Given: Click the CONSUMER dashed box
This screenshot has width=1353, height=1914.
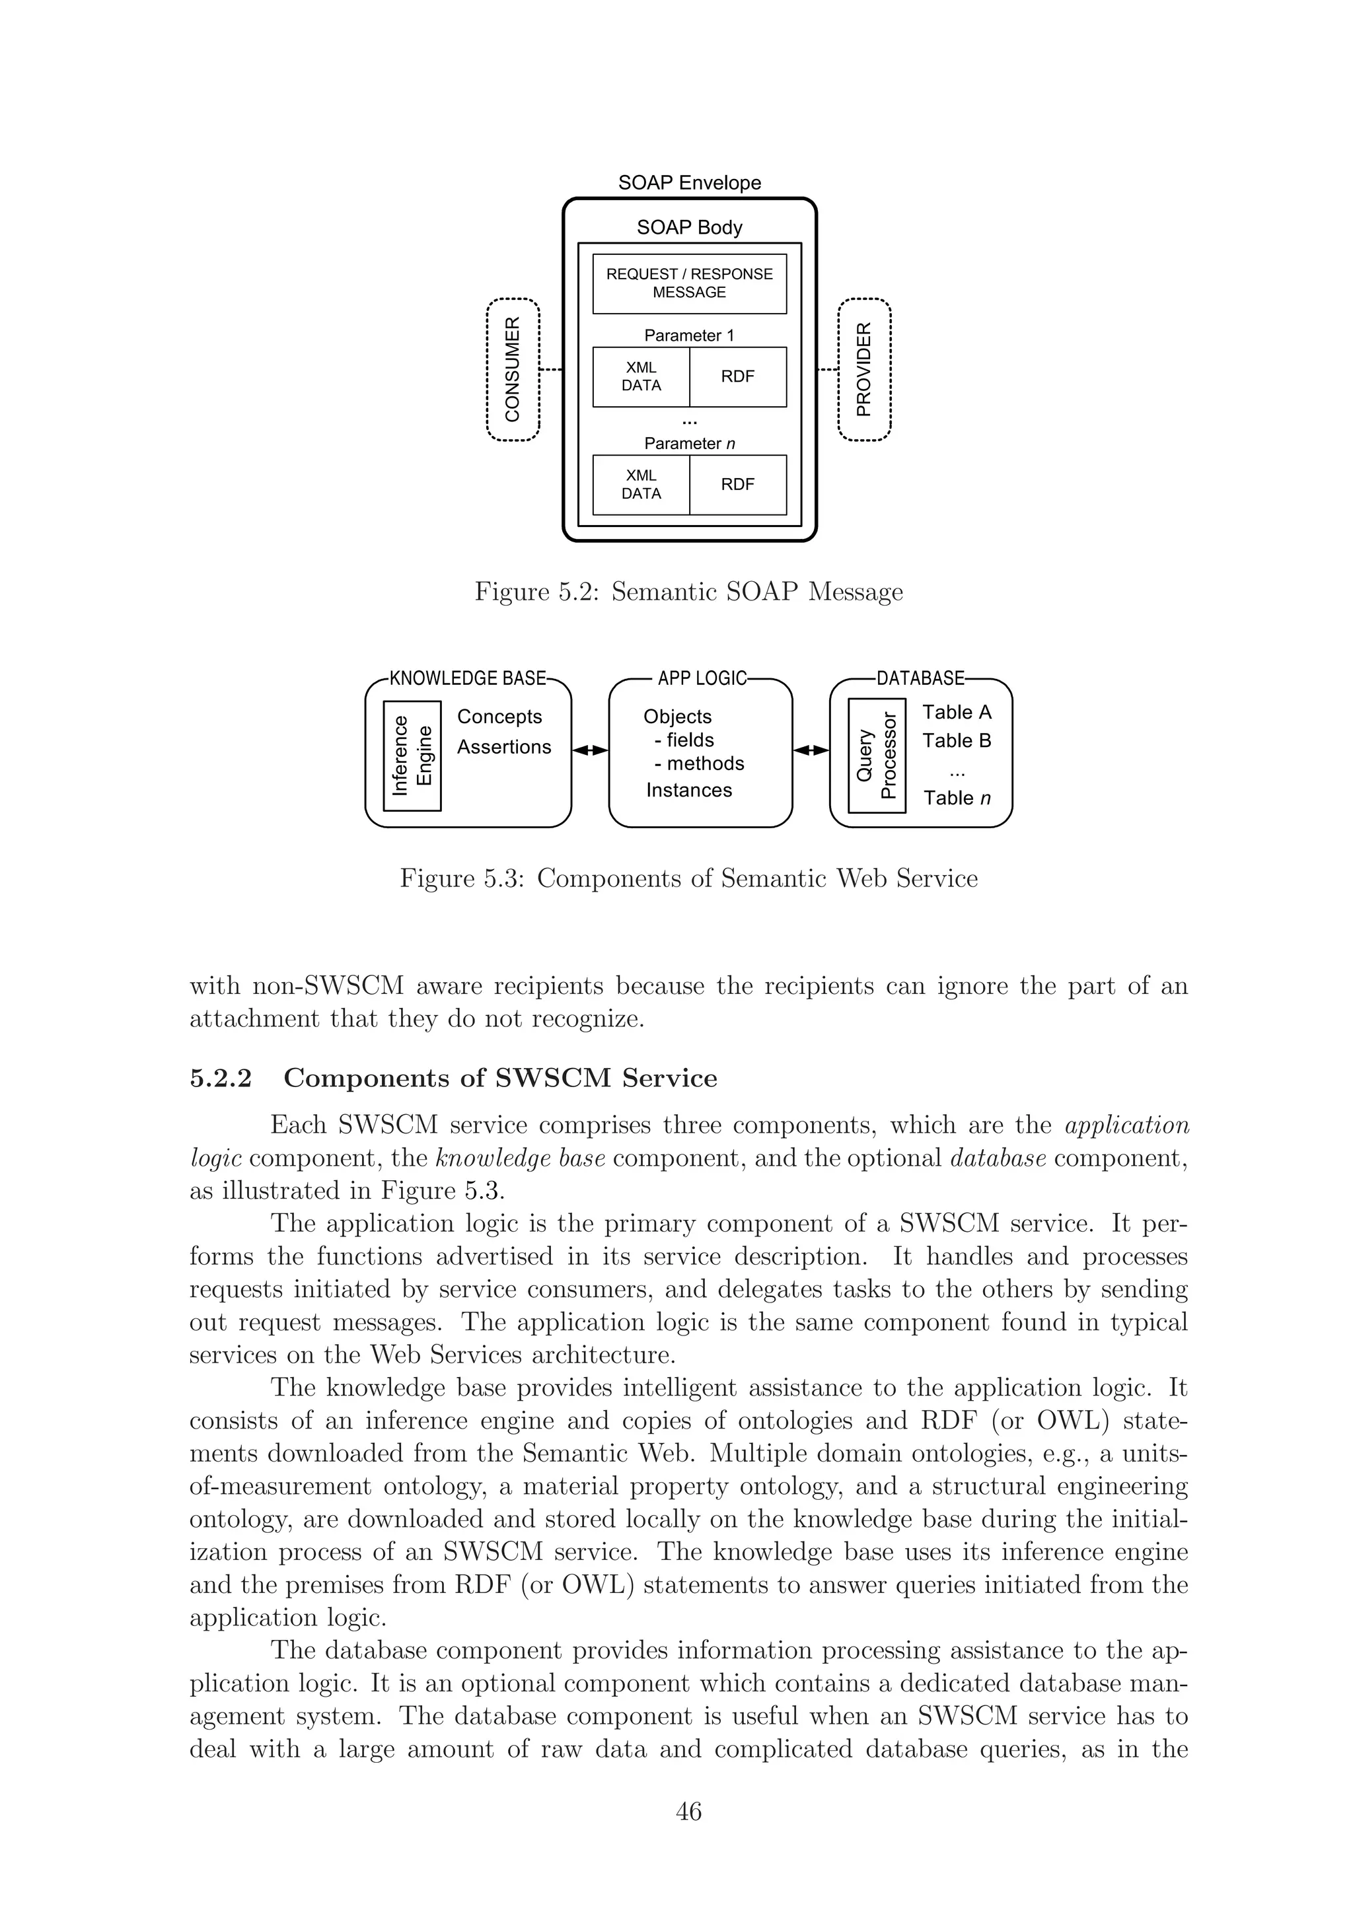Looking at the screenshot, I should [x=513, y=369].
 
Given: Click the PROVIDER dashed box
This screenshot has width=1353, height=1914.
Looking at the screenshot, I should [x=865, y=369].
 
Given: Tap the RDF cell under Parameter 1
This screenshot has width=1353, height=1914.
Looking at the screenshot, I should [x=738, y=377].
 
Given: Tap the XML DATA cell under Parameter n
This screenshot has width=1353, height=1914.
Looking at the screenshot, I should [x=641, y=484].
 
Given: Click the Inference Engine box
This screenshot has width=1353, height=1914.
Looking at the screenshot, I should [x=412, y=756].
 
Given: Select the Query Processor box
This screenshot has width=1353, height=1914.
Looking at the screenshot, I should [x=876, y=756].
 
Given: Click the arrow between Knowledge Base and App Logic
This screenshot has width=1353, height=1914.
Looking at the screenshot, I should [x=590, y=750].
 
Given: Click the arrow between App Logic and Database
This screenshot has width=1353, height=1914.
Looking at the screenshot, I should [x=811, y=750].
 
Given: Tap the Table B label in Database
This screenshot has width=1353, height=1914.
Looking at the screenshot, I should [x=956, y=741].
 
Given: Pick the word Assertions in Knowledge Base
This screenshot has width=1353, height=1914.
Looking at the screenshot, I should [x=503, y=747].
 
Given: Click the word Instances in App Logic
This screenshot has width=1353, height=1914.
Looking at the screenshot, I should [x=688, y=791].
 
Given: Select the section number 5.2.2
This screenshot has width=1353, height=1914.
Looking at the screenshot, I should [x=220, y=1078].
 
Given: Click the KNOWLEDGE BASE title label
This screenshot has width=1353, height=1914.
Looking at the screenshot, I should [x=467, y=678].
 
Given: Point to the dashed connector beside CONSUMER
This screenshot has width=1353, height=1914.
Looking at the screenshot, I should [x=551, y=369].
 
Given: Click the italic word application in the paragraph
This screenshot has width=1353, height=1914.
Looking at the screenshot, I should [x=1126, y=1125].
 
